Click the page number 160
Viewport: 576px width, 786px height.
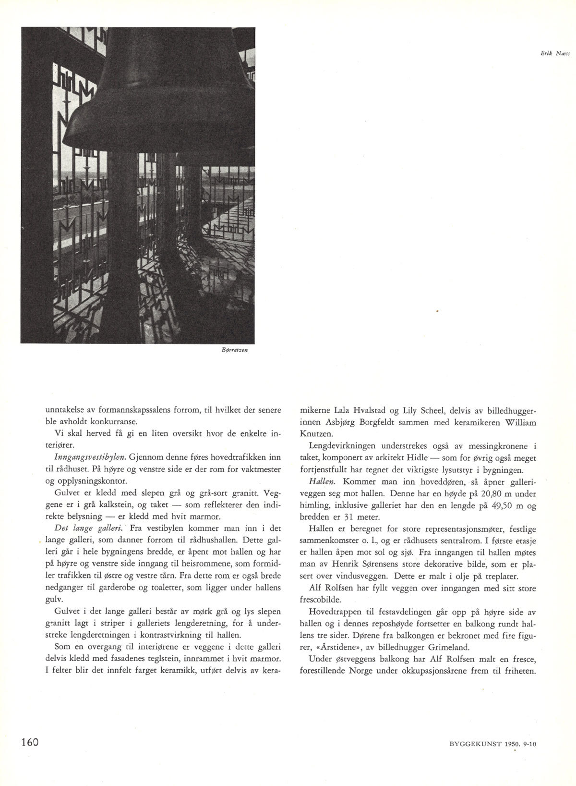29,741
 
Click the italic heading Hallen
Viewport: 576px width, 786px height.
321,482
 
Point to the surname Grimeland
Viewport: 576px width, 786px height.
451,647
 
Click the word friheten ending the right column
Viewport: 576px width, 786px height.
518,670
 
